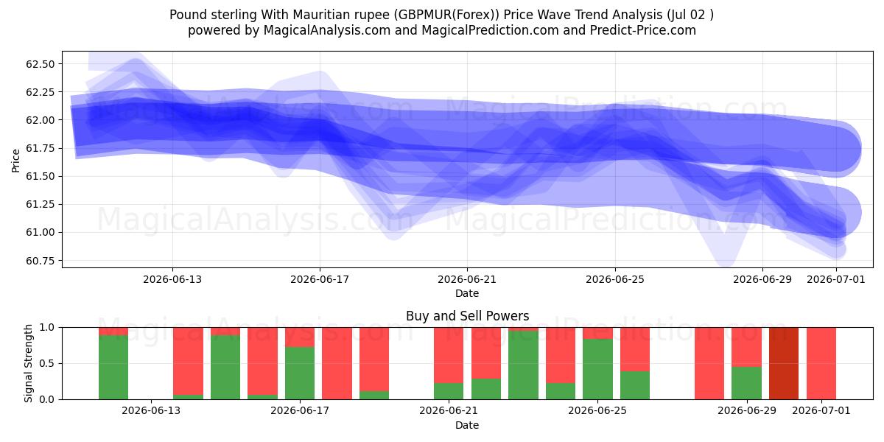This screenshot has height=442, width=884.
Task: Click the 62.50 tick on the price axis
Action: point(41,64)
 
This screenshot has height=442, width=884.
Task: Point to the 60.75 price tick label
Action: point(41,261)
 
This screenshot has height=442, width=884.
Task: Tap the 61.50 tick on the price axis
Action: point(41,176)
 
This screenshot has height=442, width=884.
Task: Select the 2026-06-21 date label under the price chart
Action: point(467,279)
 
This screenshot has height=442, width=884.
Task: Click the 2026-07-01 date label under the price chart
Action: point(836,279)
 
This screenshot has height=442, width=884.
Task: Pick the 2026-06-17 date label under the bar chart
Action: point(300,410)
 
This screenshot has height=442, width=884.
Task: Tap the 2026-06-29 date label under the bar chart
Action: point(747,410)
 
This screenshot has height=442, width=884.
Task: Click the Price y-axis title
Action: point(15,161)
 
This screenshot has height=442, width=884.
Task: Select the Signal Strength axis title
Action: point(28,363)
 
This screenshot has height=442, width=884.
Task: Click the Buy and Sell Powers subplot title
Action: point(467,316)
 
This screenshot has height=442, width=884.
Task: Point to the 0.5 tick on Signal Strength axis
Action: point(47,363)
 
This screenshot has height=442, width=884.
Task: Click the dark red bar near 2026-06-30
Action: point(783,363)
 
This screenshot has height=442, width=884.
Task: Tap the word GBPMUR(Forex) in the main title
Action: point(449,15)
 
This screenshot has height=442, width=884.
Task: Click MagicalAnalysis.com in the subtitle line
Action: point(327,30)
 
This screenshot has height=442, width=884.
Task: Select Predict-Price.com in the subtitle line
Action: point(643,30)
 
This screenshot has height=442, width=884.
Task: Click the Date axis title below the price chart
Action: point(467,293)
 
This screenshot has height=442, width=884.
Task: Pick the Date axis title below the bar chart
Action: point(467,425)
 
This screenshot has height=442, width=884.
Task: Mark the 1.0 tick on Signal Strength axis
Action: point(47,328)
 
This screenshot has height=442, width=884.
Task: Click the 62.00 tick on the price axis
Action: point(41,120)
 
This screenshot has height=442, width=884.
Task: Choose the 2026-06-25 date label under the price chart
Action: point(615,279)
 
